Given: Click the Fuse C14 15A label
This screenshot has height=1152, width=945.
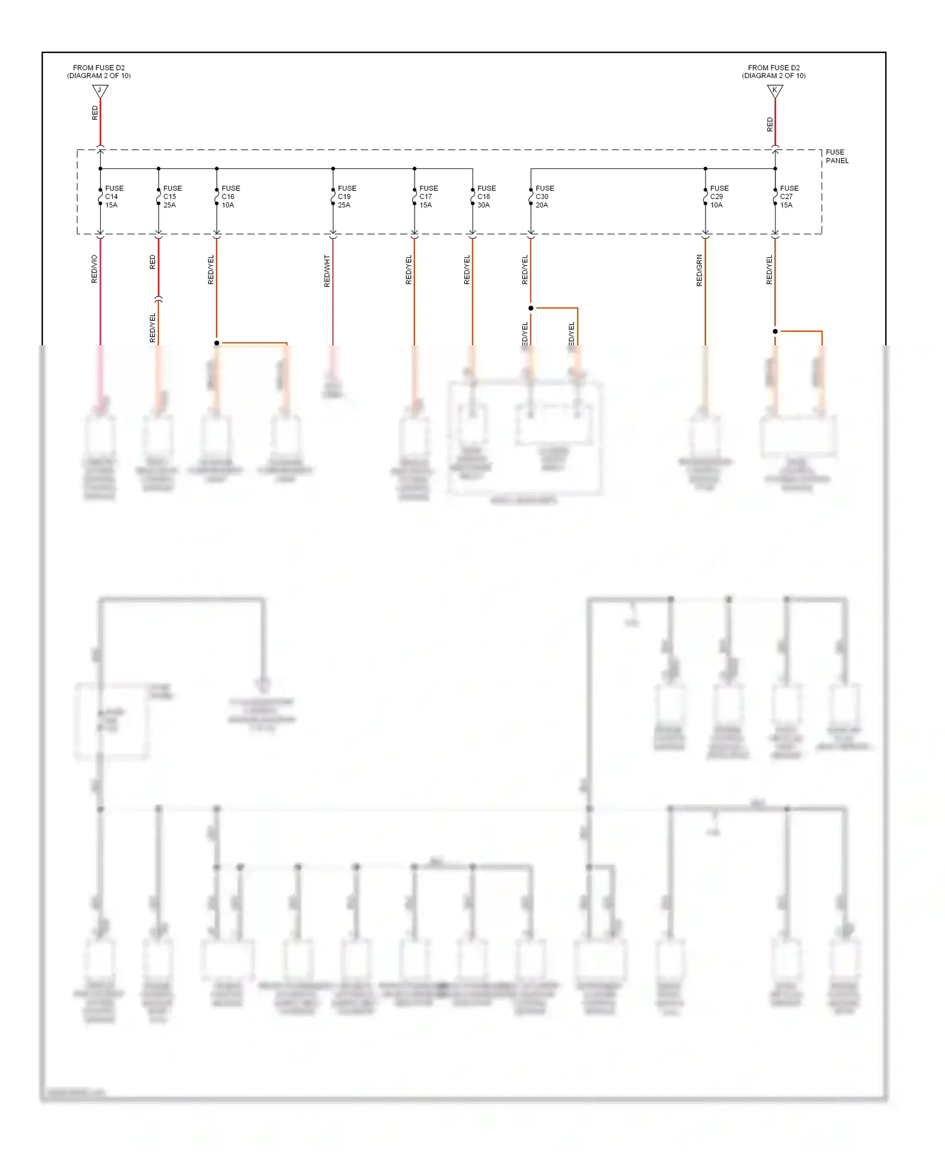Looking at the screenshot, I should point(113,197).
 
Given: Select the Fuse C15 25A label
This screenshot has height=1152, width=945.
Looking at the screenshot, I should point(171,197).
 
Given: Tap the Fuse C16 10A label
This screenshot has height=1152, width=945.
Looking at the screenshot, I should point(230,197).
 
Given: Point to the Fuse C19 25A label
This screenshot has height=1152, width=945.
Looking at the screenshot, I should point(346,197).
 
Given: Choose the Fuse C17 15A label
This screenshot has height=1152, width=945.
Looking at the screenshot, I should point(428,197).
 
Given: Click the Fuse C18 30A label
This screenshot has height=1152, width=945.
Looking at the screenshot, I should point(486,197).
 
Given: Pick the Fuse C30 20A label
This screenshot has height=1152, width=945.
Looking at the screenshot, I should point(544,197).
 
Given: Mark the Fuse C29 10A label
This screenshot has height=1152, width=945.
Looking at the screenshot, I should point(718,197).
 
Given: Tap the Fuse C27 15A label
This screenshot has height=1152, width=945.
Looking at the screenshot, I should point(788,197).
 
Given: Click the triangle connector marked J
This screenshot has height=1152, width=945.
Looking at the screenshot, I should point(100,91).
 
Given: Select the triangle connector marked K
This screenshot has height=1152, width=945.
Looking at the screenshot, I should point(775,91).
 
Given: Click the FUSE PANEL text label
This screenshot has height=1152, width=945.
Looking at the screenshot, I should point(837,156).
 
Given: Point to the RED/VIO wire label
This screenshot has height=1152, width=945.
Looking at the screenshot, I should point(94,269).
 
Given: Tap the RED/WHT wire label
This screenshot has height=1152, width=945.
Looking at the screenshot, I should point(327,271).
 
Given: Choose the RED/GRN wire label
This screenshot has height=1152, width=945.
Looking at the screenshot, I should point(699,271).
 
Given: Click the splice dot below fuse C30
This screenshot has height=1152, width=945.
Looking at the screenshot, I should point(530,308).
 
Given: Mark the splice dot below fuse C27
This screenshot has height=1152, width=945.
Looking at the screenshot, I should point(775,331).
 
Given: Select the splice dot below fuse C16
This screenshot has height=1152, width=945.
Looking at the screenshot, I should point(217,343).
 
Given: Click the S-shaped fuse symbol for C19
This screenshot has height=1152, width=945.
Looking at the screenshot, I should point(333,197).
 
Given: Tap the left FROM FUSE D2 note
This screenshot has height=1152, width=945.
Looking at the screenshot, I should point(99,72).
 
